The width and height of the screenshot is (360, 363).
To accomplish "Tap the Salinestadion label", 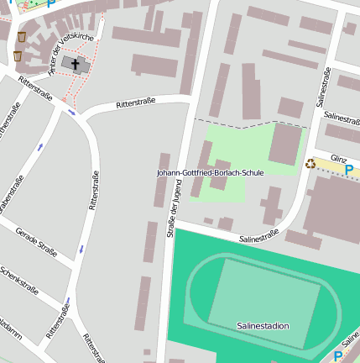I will point(263,325).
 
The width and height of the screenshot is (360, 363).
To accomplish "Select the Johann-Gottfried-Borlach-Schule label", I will point(210,172).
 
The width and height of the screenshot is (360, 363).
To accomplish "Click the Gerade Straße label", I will point(36,240).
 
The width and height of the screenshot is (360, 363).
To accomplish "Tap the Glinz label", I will point(339,158).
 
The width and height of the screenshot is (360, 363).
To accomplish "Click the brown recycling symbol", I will point(310,164).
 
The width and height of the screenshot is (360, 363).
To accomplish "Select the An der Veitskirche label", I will point(70,52).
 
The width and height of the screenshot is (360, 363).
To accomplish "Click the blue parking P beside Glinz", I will point(349,171).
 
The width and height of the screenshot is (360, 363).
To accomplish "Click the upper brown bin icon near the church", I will point(21,37).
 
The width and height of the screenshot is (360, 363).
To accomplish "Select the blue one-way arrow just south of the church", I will point(72,112).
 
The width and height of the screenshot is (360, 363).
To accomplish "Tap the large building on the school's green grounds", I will point(285,145).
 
